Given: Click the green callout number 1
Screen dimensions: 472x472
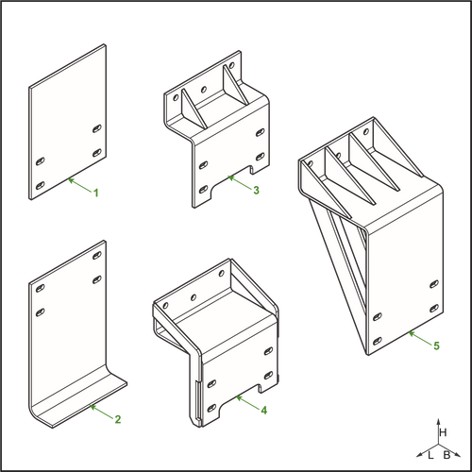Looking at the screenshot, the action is tap(96, 193).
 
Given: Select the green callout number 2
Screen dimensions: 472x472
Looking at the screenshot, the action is tap(118, 419).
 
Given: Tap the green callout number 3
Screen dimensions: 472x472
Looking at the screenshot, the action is tap(257, 190).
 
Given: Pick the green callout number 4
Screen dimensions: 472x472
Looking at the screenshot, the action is tap(264, 410).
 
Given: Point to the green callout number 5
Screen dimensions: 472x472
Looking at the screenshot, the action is tap(436, 346).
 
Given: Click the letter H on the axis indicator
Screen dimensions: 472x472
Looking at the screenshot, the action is tap(443, 432).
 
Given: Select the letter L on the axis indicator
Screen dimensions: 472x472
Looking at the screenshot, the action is tap(430, 455).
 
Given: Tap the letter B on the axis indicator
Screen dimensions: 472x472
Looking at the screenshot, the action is tap(447, 455).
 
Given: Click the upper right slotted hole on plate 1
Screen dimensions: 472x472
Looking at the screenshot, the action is tap(97, 128).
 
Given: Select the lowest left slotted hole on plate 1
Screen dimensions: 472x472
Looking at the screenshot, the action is tap(40, 185).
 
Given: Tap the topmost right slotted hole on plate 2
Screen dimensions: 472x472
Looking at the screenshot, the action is tap(97, 255).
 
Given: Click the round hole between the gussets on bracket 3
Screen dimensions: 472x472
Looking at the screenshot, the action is tap(204, 90).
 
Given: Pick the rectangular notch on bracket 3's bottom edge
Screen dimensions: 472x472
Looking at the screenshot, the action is tap(254, 170).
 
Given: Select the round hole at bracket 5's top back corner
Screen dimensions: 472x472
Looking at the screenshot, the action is tap(366, 131).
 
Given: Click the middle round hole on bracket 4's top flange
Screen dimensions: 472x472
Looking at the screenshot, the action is tap(194, 297).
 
